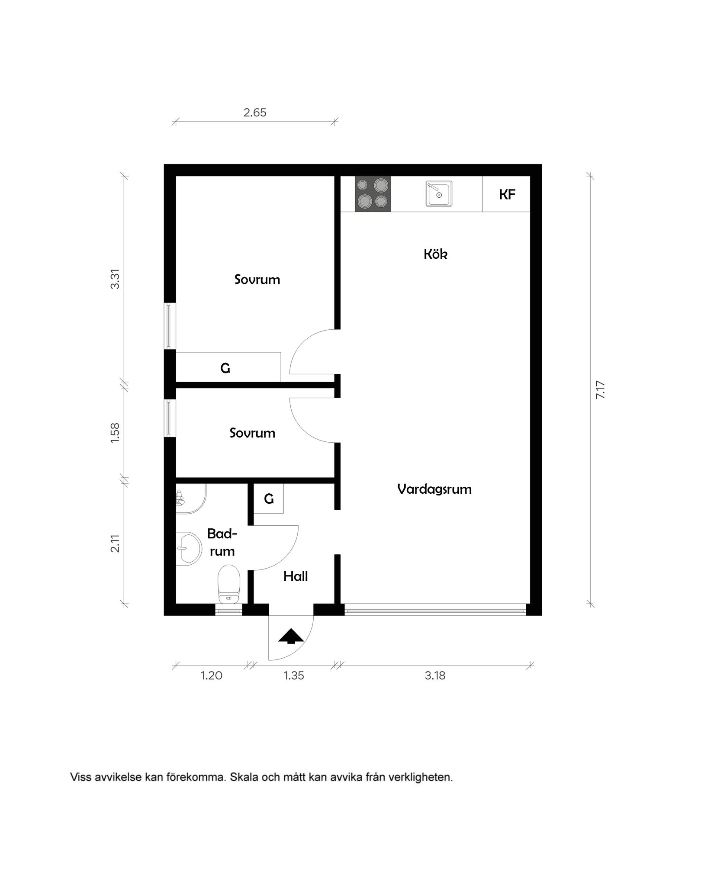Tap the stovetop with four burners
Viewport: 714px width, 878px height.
(x=373, y=193)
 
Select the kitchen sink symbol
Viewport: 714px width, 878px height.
(x=439, y=193)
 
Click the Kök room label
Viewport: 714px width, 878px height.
(x=435, y=254)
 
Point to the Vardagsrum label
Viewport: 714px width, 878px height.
(x=434, y=489)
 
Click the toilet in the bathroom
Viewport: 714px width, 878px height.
(x=229, y=584)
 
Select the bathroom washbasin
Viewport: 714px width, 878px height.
(x=188, y=548)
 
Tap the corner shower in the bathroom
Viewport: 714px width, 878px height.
(x=190, y=498)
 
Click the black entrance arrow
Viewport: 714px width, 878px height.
(x=291, y=637)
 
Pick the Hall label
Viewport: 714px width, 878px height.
(x=296, y=576)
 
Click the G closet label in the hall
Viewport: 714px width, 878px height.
(x=269, y=499)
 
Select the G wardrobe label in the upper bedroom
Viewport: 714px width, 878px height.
(x=225, y=368)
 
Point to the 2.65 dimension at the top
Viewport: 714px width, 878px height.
(x=255, y=113)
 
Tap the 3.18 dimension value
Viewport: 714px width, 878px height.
(x=435, y=675)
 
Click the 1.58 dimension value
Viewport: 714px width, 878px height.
(x=115, y=432)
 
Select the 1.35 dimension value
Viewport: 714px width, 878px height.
(x=294, y=675)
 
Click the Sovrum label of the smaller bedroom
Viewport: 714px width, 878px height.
(x=252, y=433)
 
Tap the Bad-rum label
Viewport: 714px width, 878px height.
(x=222, y=542)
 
